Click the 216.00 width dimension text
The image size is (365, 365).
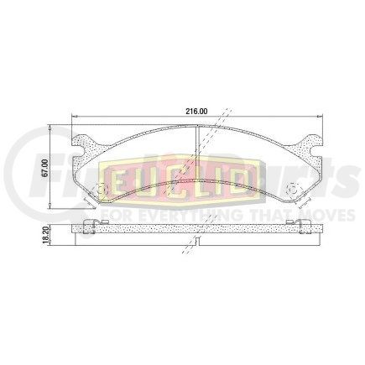click(196, 110)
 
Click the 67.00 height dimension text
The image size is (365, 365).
click(55, 160)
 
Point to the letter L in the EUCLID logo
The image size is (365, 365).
click(197, 179)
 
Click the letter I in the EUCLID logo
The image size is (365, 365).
click(220, 179)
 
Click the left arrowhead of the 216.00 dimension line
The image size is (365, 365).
click(76, 117)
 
